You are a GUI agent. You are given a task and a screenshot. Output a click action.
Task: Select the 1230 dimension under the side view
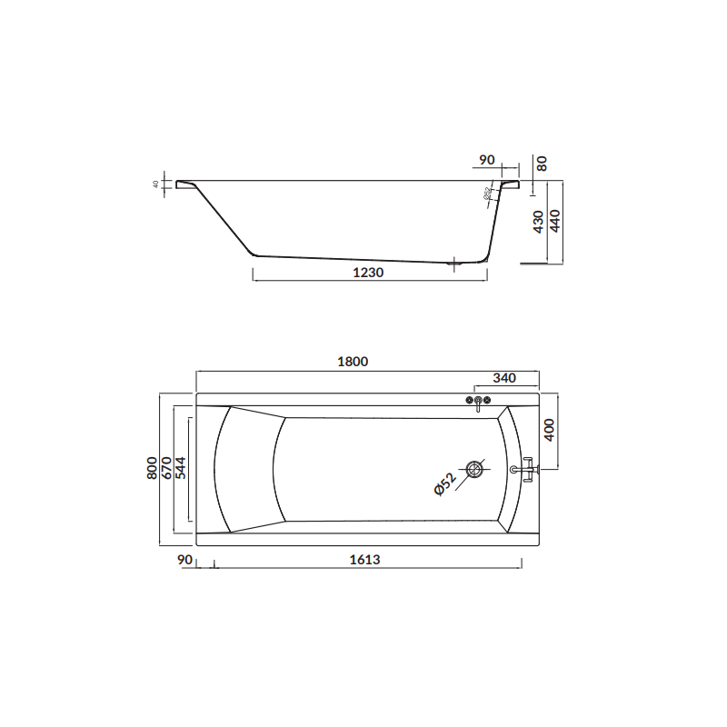(x=370, y=272)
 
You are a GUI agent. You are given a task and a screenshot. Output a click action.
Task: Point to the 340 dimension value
(x=504, y=378)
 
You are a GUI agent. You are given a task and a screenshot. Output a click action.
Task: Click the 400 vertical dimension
(x=549, y=431)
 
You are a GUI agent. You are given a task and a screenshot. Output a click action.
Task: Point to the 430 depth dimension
(x=539, y=222)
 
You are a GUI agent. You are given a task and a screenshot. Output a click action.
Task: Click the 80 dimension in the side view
(x=542, y=164)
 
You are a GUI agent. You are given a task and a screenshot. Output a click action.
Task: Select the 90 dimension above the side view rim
(x=486, y=160)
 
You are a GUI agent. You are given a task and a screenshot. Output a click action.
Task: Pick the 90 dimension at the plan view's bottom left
(x=185, y=561)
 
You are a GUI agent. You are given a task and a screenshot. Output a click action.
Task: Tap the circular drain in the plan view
(x=474, y=469)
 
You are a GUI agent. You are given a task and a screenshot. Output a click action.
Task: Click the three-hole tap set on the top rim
(x=478, y=402)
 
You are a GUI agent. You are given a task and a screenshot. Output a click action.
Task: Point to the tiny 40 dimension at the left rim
(x=156, y=184)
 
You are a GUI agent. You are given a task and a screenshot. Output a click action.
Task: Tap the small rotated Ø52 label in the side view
(x=488, y=193)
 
